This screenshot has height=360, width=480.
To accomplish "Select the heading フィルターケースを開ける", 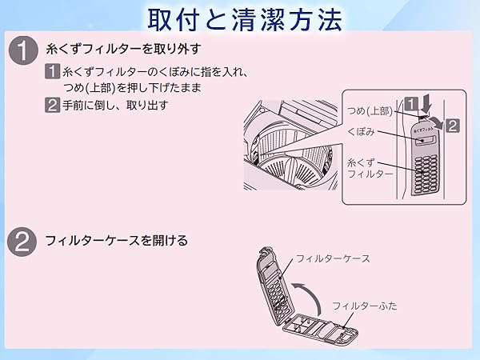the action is point(116,240).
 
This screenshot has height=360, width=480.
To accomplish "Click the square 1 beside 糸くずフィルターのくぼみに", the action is point(54,73).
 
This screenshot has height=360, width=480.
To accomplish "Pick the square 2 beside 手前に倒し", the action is point(54,105).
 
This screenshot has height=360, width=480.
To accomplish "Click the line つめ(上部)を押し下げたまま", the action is point(132,88).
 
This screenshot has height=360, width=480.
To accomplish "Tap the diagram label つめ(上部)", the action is point(370,111).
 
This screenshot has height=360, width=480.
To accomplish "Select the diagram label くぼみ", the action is point(362,133).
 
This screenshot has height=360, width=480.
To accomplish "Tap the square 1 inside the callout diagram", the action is point(410,102).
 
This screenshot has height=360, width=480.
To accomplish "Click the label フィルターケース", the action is point(333,258).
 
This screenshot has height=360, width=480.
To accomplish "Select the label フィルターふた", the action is point(365,306).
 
